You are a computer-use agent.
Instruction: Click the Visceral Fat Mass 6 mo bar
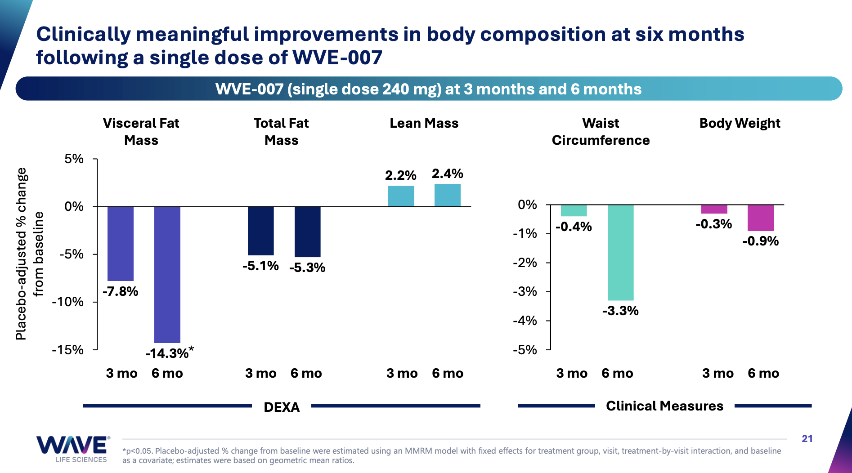click(167, 274)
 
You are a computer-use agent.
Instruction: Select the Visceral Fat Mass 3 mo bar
click(121, 243)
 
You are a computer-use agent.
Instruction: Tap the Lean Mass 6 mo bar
click(447, 195)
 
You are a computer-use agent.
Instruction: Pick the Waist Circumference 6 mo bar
click(620, 252)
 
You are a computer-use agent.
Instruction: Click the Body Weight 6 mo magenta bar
click(760, 218)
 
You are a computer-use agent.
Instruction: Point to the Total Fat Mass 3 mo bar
click(260, 231)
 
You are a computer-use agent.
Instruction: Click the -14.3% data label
click(167, 353)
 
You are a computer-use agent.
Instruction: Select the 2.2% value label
click(400, 175)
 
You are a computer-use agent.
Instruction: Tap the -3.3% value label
click(620, 311)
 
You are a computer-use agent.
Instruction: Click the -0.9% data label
click(760, 241)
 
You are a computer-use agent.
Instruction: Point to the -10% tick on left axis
click(68, 302)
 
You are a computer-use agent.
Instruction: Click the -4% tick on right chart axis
click(525, 321)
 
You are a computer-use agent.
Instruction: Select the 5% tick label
click(74, 159)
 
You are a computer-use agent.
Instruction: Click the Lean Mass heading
click(424, 123)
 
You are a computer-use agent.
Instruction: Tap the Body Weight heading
click(740, 123)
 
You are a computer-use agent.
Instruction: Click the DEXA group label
click(282, 407)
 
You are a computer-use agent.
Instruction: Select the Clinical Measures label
click(664, 406)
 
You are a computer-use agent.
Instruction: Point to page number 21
click(807, 438)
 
